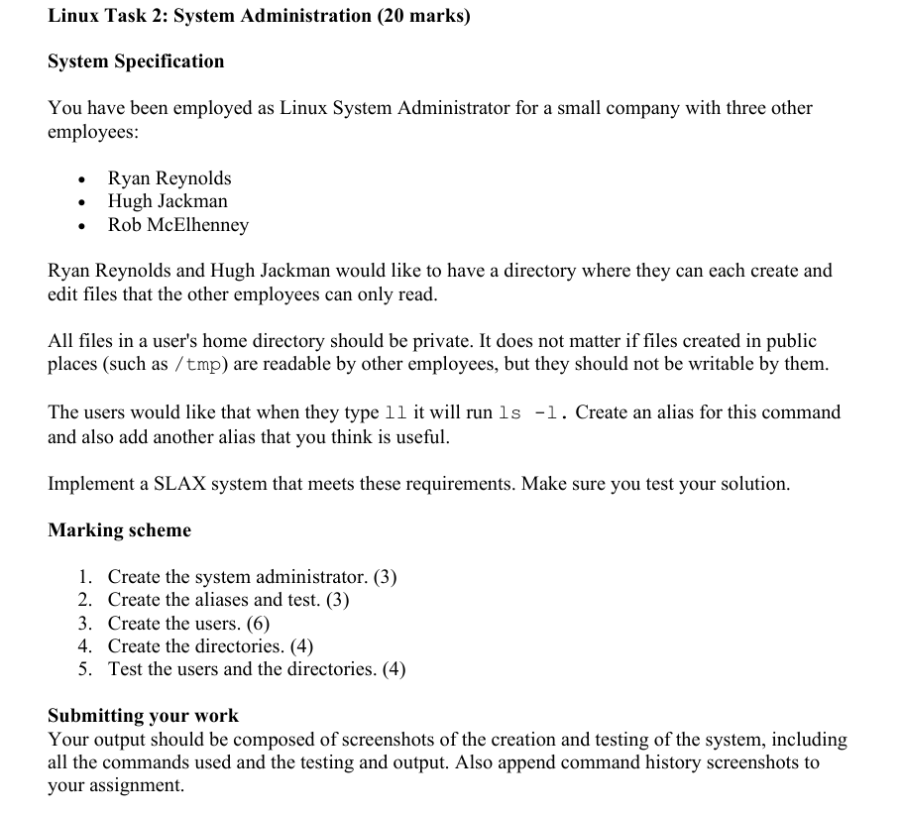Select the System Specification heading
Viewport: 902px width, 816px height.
point(136,61)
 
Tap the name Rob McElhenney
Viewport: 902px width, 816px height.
point(178,225)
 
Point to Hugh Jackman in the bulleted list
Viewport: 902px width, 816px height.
point(168,201)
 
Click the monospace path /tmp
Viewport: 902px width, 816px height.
point(198,364)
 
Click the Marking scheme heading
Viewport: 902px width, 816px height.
point(119,530)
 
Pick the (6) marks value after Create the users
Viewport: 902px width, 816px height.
point(258,624)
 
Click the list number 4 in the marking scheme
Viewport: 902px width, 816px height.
point(85,646)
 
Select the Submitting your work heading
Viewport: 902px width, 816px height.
point(143,716)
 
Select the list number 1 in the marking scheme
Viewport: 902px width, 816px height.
point(85,577)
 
